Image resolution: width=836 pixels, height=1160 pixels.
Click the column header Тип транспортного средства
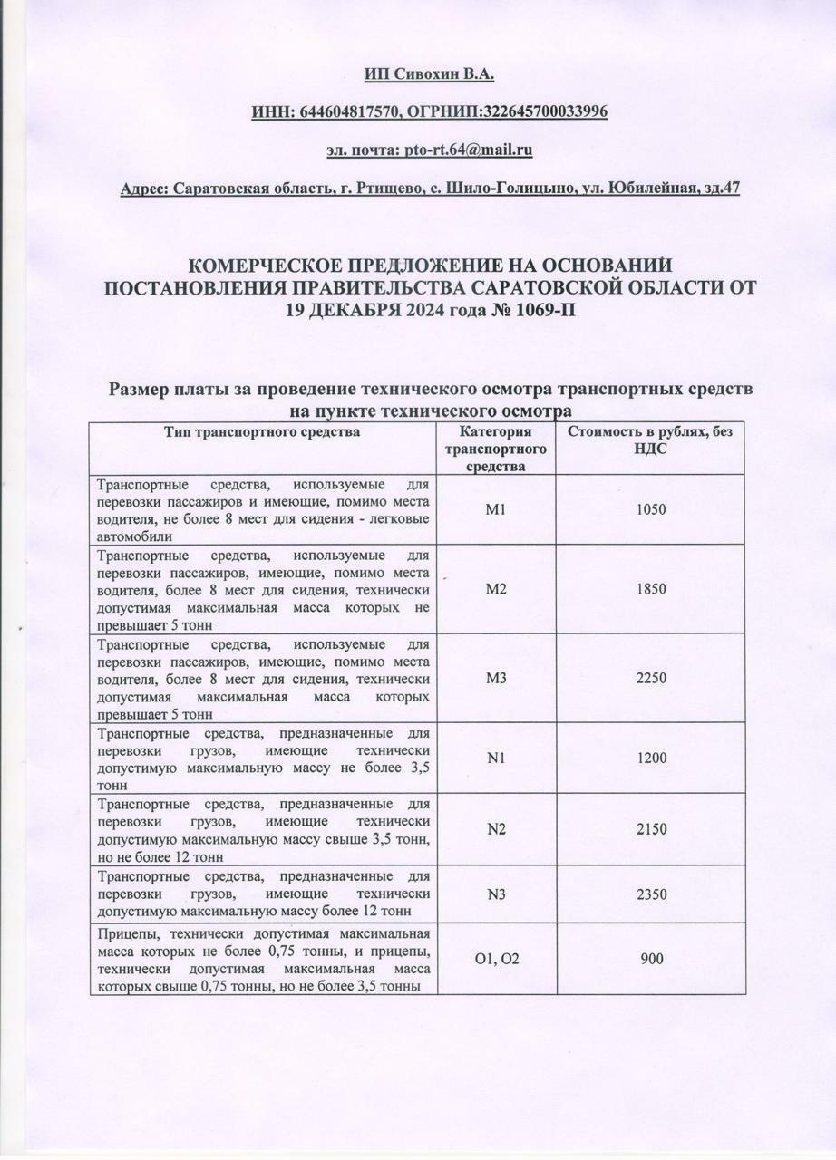(262, 432)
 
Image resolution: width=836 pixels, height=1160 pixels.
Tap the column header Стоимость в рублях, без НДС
(650, 440)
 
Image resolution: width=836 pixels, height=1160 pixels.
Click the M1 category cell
(495, 509)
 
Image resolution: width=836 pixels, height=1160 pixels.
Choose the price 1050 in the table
(651, 509)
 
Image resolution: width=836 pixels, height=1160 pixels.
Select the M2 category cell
(495, 589)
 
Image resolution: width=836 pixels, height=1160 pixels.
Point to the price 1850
(651, 589)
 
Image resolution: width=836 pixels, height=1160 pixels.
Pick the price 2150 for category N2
(651, 829)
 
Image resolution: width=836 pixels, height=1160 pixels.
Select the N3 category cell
(495, 894)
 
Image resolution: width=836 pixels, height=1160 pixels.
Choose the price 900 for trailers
(651, 959)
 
